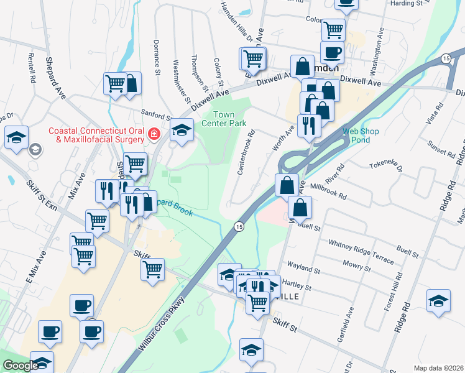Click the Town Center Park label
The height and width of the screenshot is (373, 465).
point(224,119)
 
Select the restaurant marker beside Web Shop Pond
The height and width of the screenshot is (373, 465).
point(309,126)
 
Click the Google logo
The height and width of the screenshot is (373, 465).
point(21,366)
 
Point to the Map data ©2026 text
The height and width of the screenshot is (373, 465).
point(438,368)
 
